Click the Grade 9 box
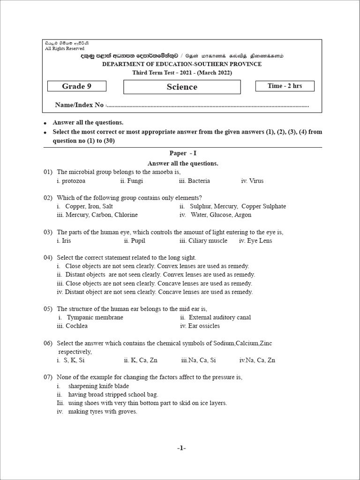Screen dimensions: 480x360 (x=77, y=86)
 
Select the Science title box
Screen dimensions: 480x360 (x=182, y=87)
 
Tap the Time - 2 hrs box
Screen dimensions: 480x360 (x=285, y=86)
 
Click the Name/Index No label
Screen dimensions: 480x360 (x=79, y=105)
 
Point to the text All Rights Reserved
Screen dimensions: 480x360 (x=65, y=48)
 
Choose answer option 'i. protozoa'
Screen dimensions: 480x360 (x=71, y=180)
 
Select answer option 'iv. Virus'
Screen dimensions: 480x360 (x=252, y=180)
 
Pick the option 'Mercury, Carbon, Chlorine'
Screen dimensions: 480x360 (x=97, y=215)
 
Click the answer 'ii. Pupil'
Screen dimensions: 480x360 (x=135, y=240)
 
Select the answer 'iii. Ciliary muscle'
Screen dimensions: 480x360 (x=203, y=240)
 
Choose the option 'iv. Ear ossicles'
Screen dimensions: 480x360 (x=200, y=326)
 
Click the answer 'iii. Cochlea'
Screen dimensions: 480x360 (x=72, y=326)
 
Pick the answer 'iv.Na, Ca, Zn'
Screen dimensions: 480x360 (x=257, y=360)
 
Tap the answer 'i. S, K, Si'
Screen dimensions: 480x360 (x=71, y=360)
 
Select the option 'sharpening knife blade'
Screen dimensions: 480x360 (x=98, y=386)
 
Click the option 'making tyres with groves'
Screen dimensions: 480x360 (x=102, y=412)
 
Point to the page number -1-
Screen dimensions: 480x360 (x=181, y=448)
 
